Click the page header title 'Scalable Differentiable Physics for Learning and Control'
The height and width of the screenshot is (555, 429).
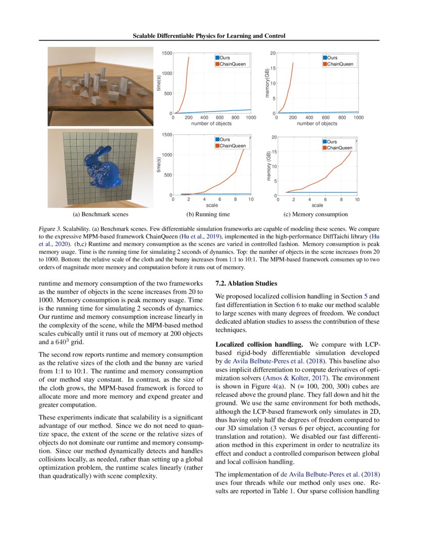tap(209, 36)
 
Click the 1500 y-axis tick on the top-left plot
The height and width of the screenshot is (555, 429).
tap(167, 53)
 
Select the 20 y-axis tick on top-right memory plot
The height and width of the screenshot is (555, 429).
tap(273, 53)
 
